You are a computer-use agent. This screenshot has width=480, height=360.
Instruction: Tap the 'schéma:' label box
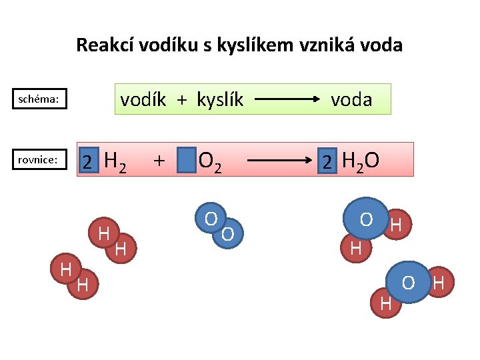tap(39, 99)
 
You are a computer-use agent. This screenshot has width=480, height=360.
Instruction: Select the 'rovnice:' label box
tap(39, 159)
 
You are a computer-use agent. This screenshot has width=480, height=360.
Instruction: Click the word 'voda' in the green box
tap(351, 99)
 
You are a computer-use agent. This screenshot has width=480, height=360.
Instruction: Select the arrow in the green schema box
tap(287, 99)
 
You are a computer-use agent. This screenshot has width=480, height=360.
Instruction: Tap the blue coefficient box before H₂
tap(87, 161)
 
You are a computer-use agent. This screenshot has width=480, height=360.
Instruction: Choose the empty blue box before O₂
tap(187, 160)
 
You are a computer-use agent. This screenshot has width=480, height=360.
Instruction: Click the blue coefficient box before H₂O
tap(327, 161)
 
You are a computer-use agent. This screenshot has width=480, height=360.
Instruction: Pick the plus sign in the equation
tap(159, 160)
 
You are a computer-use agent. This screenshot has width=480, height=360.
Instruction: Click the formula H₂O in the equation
tap(360, 161)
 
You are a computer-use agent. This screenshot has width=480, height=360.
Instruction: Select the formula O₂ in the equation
tap(211, 161)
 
